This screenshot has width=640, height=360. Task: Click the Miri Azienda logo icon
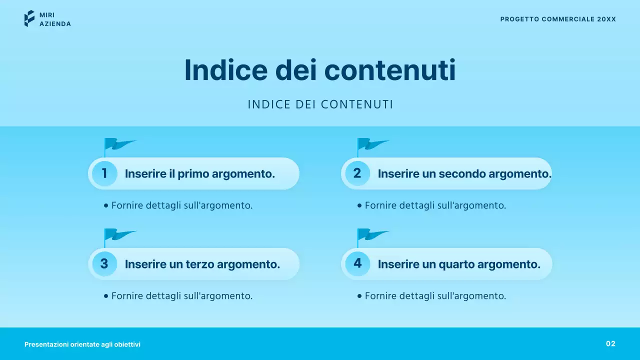[x=29, y=18]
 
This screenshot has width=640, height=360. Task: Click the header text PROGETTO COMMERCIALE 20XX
[x=558, y=19]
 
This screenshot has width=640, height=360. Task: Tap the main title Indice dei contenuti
[x=320, y=70]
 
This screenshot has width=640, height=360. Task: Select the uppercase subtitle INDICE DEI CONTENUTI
[x=320, y=104]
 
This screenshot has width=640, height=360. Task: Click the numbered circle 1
[x=104, y=173]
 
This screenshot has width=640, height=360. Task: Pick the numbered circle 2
[x=357, y=173]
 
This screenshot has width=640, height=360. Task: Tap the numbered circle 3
[x=104, y=264]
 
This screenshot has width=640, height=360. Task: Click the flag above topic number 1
[x=119, y=145]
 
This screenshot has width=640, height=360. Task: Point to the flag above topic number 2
[x=372, y=145]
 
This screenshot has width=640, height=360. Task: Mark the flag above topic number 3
[x=119, y=235]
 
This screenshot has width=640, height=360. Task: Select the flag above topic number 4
[x=372, y=235]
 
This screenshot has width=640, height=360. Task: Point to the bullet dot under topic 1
[x=106, y=205]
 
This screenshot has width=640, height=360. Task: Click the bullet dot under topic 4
[x=359, y=296]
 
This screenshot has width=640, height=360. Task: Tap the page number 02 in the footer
[x=610, y=343]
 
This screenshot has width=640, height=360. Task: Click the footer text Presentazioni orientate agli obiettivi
[x=82, y=344]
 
